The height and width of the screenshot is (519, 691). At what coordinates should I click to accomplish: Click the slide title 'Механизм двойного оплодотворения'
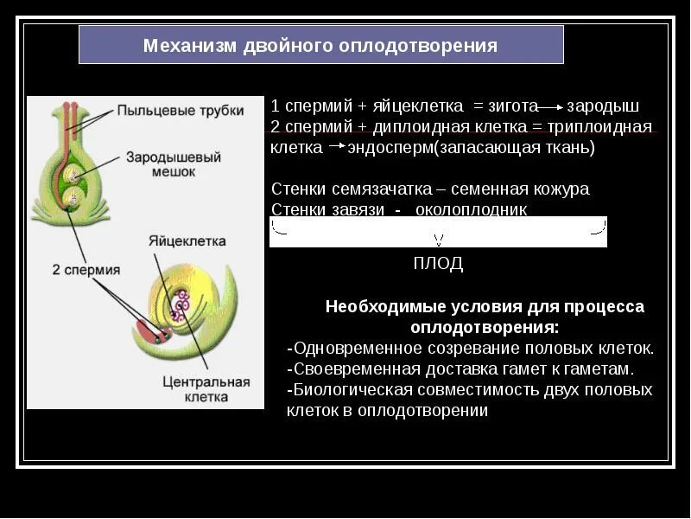(x=320, y=45)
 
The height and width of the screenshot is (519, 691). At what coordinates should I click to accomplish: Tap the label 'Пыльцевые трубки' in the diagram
(x=180, y=111)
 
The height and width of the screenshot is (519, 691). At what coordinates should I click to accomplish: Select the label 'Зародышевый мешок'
(x=174, y=164)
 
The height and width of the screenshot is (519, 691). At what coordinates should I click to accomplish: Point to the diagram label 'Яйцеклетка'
(x=187, y=241)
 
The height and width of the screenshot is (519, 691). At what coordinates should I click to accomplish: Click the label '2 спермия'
(x=86, y=270)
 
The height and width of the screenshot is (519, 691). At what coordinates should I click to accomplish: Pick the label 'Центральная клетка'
(x=206, y=389)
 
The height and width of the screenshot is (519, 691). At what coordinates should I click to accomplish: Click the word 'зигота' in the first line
(x=513, y=106)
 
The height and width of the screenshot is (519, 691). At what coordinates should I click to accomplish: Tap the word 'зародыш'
(x=603, y=106)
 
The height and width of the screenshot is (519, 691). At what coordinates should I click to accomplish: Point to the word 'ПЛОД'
(x=438, y=264)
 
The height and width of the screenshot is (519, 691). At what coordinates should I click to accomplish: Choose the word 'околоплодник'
(x=471, y=209)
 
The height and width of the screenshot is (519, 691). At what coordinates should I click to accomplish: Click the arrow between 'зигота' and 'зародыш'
(x=552, y=107)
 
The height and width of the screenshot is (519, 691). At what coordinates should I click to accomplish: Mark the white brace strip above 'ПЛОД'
(x=438, y=232)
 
